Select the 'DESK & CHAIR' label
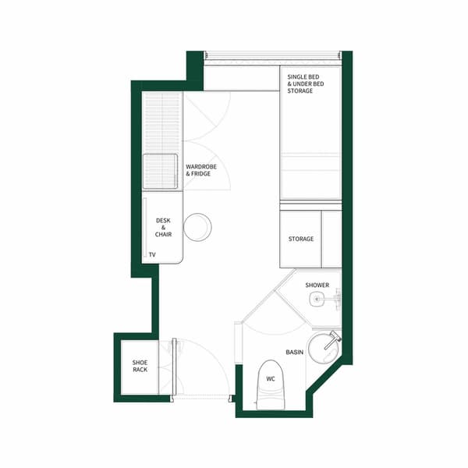tap(163, 227)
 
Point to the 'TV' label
tap(152, 255)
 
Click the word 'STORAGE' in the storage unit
tap(300, 239)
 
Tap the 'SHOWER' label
tap(317, 285)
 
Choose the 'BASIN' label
tap(294, 353)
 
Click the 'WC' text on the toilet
tap(270, 379)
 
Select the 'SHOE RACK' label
tap(140, 366)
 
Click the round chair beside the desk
tap(197, 227)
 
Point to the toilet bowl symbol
tap(270, 384)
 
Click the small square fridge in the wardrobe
tap(160, 172)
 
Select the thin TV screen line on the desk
tap(146, 230)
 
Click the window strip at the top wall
tap(273, 55)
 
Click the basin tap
tap(334, 339)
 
